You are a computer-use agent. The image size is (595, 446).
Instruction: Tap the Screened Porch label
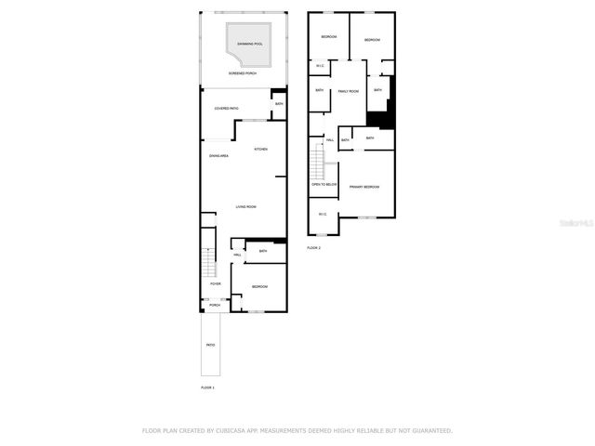click(245, 72)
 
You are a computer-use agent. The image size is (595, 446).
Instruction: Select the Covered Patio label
click(227, 109)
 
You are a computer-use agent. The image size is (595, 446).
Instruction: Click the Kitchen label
click(261, 150)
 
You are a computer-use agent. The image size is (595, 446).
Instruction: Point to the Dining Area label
click(218, 156)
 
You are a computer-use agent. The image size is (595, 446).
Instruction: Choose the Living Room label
click(245, 206)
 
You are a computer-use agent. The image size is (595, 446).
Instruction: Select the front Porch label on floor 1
click(214, 305)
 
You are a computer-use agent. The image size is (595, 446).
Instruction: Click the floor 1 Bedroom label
click(259, 286)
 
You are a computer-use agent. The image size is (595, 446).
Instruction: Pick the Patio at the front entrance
click(210, 345)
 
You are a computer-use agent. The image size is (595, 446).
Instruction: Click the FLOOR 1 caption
click(207, 387)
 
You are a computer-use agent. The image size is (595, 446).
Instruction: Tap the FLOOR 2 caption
click(313, 248)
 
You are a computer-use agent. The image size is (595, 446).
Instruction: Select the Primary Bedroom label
click(364, 188)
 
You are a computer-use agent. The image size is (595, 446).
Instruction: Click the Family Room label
click(348, 91)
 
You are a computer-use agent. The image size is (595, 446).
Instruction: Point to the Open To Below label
click(323, 185)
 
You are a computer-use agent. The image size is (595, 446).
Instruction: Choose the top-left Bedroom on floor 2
click(328, 36)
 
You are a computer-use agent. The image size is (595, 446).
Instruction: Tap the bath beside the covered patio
click(278, 104)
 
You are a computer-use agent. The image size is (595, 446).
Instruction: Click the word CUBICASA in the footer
click(228, 430)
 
